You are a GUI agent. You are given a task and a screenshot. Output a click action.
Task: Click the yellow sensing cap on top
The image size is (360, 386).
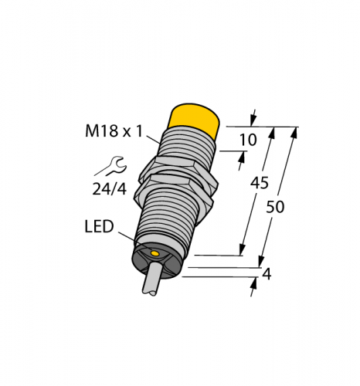coord(193,119)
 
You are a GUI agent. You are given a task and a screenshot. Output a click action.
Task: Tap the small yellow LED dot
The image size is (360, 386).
coord(155,253)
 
